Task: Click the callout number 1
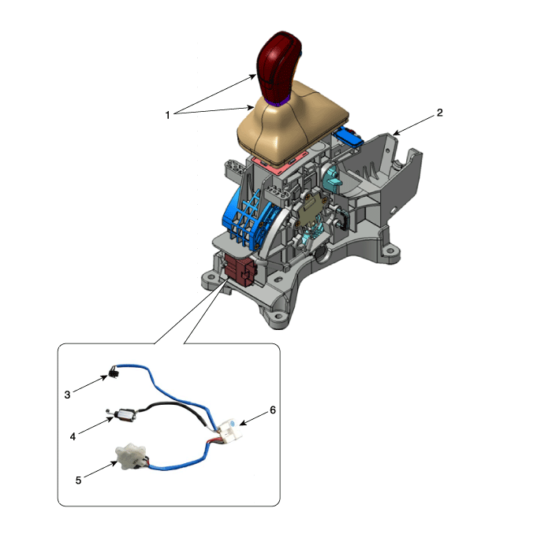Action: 167,115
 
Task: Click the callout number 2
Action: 439,113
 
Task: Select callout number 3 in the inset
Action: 67,395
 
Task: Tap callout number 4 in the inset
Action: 73,436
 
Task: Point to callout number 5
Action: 78,480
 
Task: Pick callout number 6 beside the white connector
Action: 273,410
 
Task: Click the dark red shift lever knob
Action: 279,66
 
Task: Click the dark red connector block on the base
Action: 241,269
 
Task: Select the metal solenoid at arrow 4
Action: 125,415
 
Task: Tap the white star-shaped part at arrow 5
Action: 129,456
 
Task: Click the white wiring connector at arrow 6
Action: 230,429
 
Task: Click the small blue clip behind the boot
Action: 348,136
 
